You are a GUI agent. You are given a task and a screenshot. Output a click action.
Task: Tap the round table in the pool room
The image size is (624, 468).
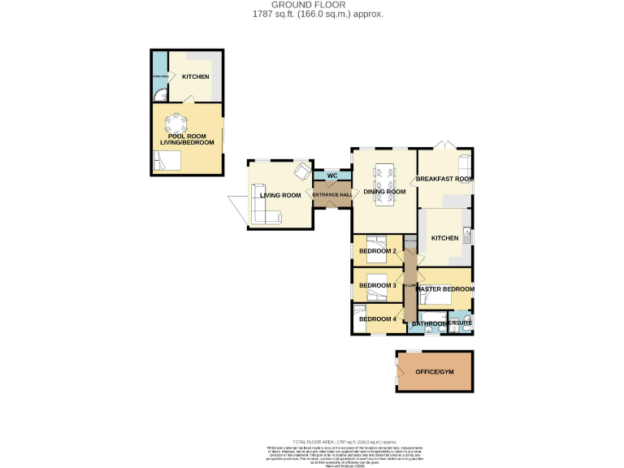click(x=175, y=124)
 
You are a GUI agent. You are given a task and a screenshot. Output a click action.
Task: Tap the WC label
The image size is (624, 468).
click(x=331, y=175)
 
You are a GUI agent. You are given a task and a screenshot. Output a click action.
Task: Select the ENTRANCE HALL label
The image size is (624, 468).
click(x=333, y=195)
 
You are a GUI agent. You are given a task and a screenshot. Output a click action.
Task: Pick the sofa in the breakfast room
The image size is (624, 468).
click(x=465, y=165)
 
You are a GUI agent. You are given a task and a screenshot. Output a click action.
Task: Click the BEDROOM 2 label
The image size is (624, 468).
click(x=378, y=251)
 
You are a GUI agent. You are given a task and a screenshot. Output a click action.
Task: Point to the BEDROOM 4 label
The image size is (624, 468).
click(x=378, y=318)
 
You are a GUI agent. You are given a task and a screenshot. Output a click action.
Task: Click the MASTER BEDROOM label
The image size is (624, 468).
click(x=445, y=289)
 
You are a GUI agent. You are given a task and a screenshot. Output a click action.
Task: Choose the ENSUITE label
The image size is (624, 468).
click(x=460, y=323)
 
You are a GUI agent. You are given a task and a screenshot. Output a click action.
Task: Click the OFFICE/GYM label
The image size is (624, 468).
click(x=435, y=371)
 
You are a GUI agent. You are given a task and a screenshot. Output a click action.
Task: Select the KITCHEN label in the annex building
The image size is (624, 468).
click(x=195, y=77)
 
